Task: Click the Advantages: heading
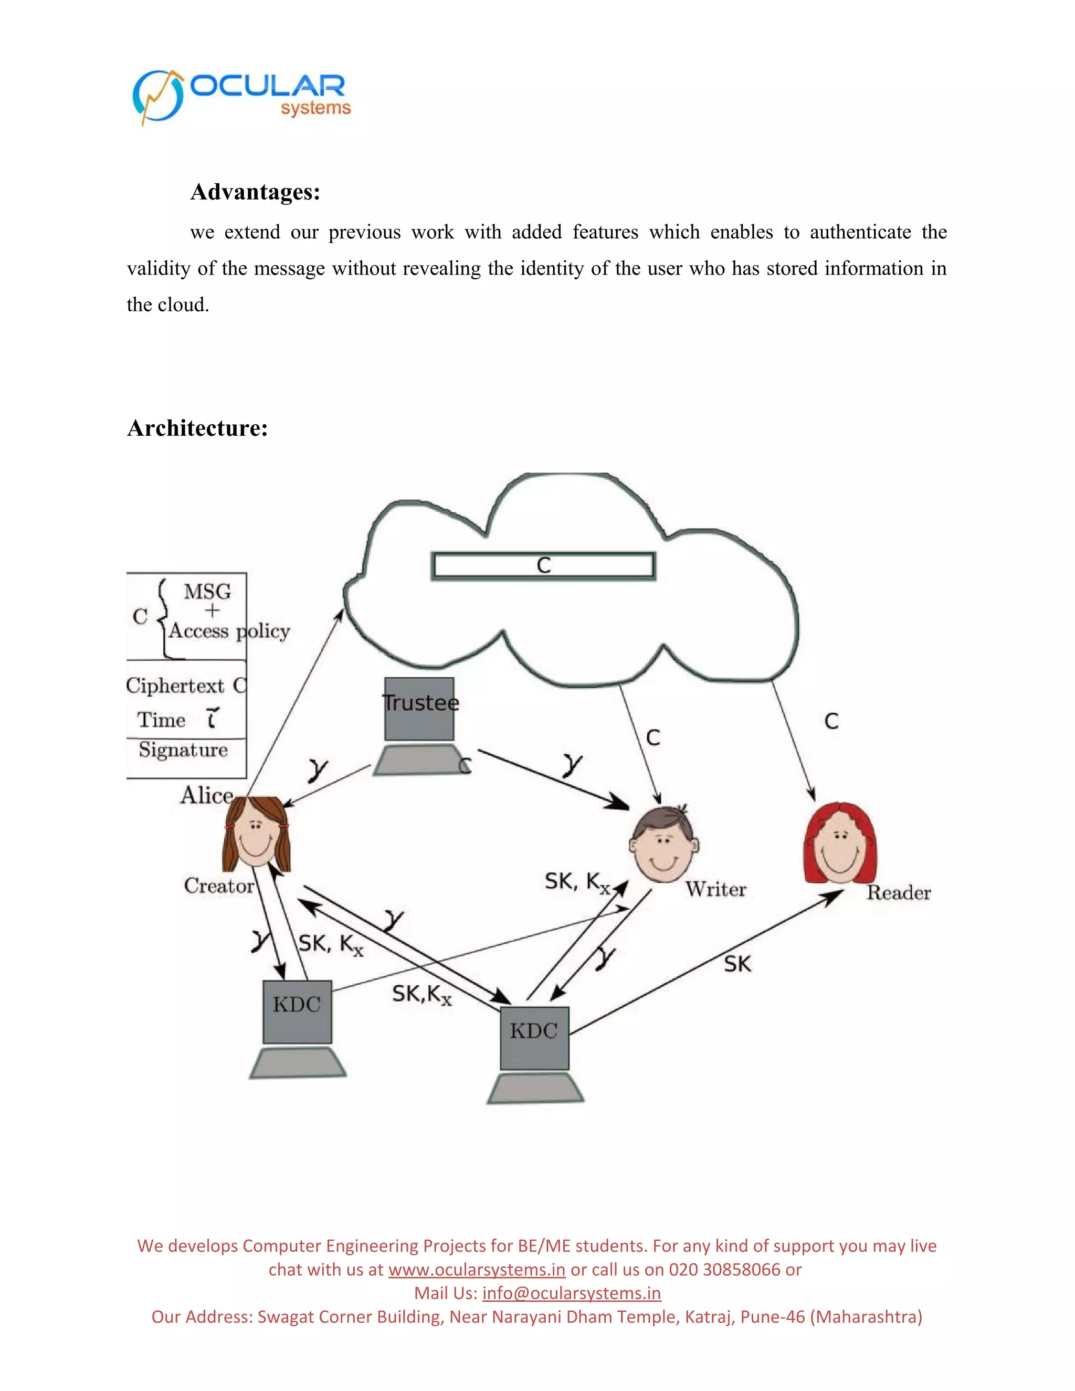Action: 255,192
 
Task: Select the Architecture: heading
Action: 197,427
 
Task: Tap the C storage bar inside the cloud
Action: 543,565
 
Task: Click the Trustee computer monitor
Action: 419,709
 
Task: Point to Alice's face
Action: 256,835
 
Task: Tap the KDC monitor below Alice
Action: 298,1011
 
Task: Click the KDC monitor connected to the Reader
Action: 534,1038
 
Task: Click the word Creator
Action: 218,886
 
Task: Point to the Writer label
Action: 716,889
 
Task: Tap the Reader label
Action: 899,892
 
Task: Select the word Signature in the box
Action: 183,750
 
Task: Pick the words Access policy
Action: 229,631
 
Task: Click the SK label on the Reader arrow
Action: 737,964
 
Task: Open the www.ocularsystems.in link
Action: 477,1269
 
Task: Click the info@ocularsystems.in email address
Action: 571,1293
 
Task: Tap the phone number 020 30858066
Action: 725,1269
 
